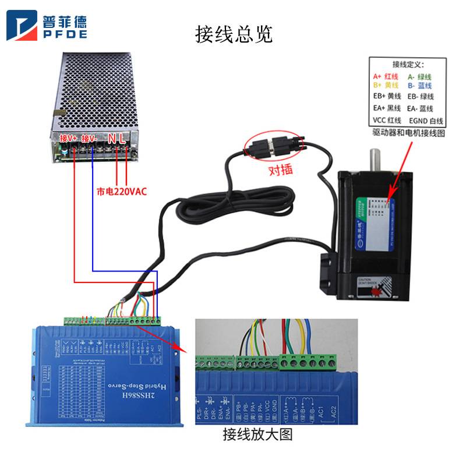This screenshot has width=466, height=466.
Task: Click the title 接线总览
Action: (233, 35)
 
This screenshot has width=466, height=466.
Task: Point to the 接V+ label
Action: (69, 139)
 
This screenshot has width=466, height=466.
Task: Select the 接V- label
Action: (90, 139)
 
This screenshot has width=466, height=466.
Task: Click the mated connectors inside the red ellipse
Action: (273, 143)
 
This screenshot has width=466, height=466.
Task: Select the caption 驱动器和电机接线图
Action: (408, 133)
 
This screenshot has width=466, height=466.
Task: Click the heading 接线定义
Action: (408, 64)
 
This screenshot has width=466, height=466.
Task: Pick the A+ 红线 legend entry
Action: (385, 76)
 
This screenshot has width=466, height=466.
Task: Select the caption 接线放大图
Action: (257, 435)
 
